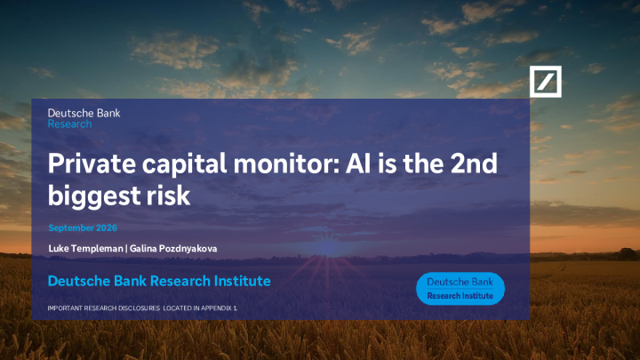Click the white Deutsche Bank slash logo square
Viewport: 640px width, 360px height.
[x=545, y=82]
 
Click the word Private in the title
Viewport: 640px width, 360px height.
[x=92, y=164]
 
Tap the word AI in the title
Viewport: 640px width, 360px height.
[x=358, y=164]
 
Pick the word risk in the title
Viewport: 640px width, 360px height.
[x=169, y=195]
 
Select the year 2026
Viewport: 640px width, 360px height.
[x=107, y=228]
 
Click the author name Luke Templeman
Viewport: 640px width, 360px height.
[x=85, y=249]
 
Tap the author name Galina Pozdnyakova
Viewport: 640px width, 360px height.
[x=173, y=249]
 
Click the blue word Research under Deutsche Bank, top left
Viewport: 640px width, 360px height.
[x=70, y=124]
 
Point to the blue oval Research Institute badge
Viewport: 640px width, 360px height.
[x=460, y=289]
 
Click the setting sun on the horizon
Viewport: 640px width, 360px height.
[x=326, y=248]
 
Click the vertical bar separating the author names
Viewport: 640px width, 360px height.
[x=126, y=249]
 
